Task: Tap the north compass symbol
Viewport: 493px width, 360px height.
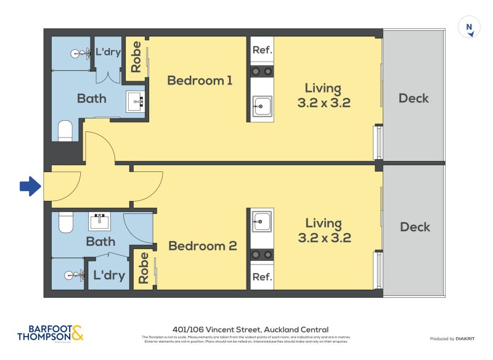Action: tap(470, 28)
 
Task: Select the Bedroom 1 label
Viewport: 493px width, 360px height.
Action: tap(200, 80)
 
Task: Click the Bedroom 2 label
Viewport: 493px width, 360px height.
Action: tap(202, 246)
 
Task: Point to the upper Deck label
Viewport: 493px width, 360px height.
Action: tap(414, 98)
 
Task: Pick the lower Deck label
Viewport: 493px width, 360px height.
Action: tap(415, 227)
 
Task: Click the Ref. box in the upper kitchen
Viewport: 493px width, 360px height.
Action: tap(262, 50)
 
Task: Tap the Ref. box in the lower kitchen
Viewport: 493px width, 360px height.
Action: tap(262, 277)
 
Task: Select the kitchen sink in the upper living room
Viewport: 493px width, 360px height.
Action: tap(262, 106)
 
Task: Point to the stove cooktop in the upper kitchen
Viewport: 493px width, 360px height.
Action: tap(262, 72)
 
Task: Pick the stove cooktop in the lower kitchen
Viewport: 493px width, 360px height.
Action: tap(262, 255)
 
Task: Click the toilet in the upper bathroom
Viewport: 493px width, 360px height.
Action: tap(65, 131)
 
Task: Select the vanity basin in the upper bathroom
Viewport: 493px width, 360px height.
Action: tap(135, 101)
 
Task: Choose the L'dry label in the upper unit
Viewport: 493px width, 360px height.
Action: tap(107, 52)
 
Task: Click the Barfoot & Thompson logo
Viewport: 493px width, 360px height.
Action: tap(49, 333)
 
